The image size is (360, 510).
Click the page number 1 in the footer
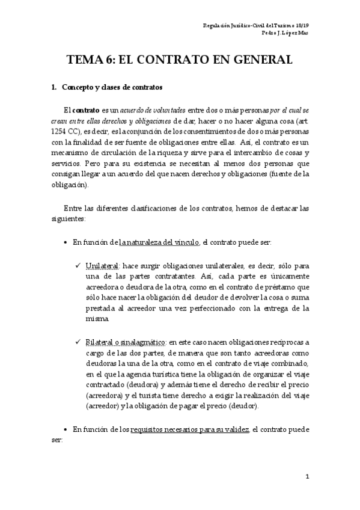[x=307, y=477]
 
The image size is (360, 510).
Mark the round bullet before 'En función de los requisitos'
[x=66, y=429]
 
